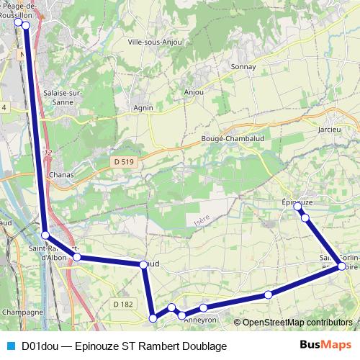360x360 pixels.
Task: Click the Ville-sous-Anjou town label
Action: point(154,42)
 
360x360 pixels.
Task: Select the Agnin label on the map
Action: point(143,108)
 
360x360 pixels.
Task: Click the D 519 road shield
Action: point(124,162)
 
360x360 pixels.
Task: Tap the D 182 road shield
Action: point(123,305)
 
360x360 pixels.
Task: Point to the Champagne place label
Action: point(23,312)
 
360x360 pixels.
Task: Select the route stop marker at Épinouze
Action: point(297,207)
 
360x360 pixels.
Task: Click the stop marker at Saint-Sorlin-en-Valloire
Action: point(342,266)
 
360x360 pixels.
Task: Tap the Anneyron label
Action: point(200,319)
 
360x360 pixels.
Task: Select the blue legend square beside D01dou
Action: point(9,346)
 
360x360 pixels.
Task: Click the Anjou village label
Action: point(194,92)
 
